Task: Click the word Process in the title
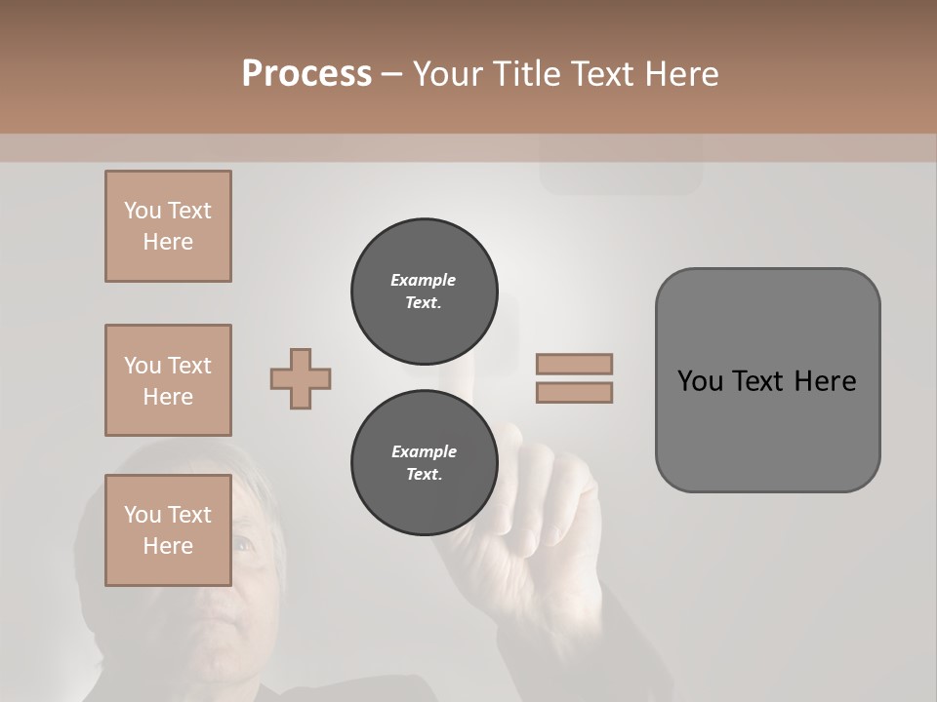306,74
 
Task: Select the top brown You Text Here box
168,226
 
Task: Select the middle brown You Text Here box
168,380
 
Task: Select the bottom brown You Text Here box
168,530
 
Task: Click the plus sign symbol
301,379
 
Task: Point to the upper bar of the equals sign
575,364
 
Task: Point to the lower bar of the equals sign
575,393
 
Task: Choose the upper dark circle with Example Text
425,292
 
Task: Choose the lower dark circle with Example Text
425,463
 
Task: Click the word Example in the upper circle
424,280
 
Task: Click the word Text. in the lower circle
424,475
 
